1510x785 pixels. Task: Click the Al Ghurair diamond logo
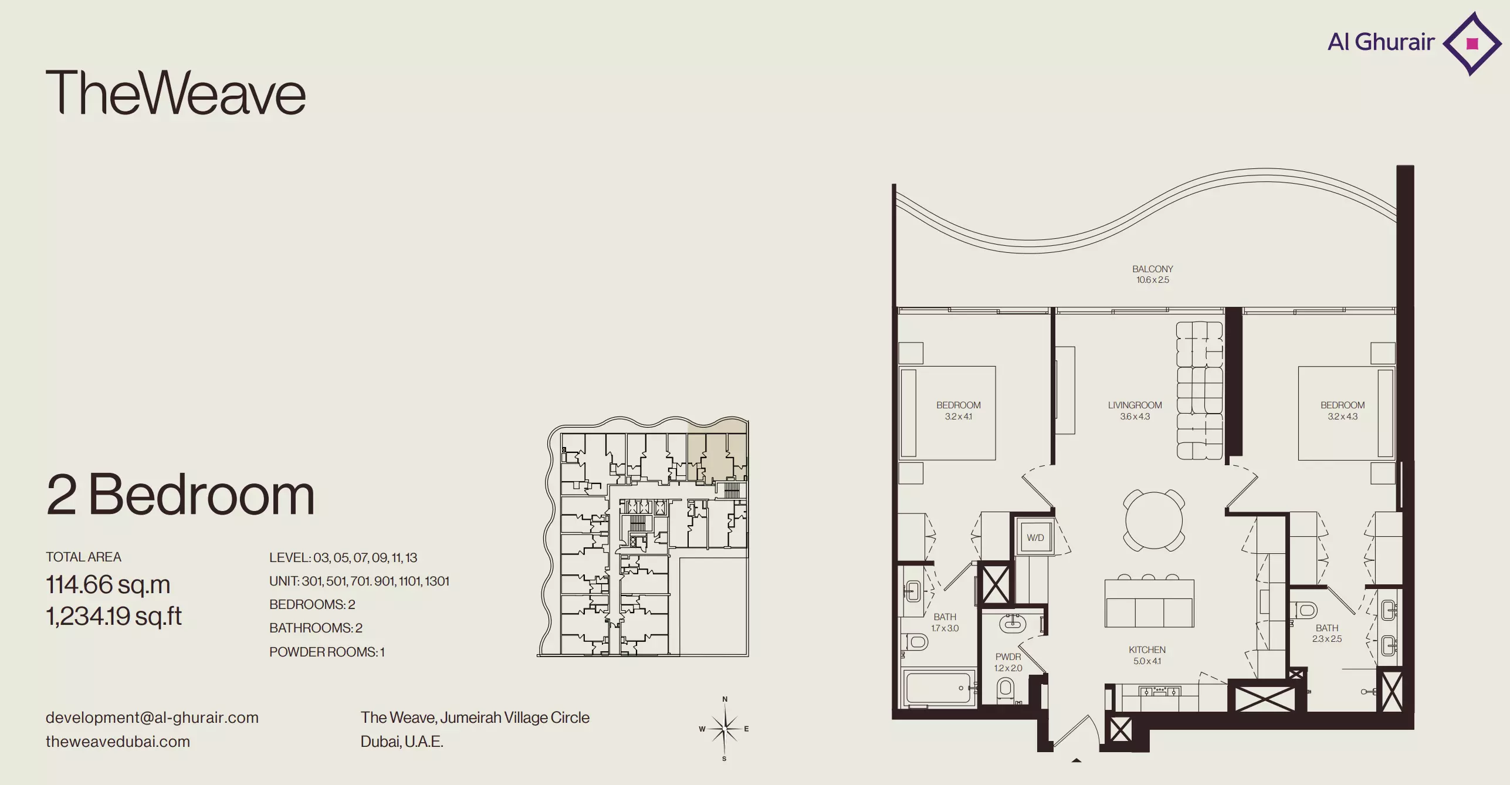tap(1471, 43)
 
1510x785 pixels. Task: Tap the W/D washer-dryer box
tap(1035, 537)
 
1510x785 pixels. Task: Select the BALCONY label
tap(1153, 269)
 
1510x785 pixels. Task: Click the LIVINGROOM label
tap(1135, 405)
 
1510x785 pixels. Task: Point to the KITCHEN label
tap(1147, 650)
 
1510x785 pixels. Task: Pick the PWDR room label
tap(1008, 657)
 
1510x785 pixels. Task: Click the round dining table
tap(1153, 520)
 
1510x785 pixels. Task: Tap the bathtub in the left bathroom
tap(939, 688)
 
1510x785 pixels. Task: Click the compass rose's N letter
tap(725, 699)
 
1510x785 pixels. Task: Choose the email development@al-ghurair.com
tap(152, 718)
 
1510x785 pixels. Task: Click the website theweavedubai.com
tap(118, 742)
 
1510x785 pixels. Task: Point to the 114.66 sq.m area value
tap(108, 584)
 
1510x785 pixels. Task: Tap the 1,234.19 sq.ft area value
tap(114, 616)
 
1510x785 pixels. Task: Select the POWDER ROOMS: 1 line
tap(327, 652)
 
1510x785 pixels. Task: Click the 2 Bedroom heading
tap(181, 495)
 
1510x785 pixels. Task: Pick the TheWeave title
tap(175, 93)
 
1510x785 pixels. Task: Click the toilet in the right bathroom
tap(1305, 610)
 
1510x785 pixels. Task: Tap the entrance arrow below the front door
tap(1076, 760)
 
